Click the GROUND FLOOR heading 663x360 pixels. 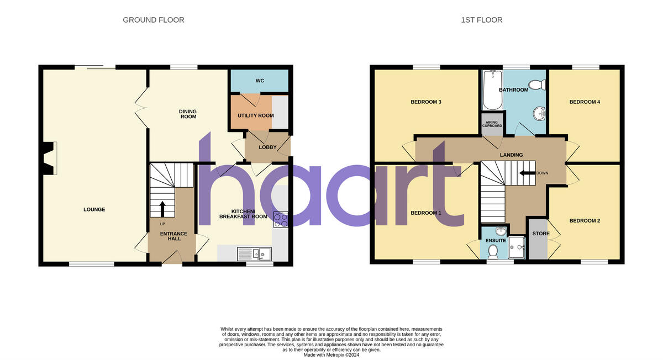point(154,20)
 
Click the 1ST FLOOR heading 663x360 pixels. point(482,20)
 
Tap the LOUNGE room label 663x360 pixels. point(94,209)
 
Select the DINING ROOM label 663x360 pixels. point(188,114)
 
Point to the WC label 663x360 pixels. point(260,81)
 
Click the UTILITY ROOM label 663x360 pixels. point(256,115)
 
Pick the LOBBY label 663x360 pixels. point(267,147)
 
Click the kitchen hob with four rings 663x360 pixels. point(281,220)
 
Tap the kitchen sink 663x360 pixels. point(252,253)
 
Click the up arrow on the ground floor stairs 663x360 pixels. point(162,209)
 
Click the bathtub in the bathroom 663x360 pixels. point(490,91)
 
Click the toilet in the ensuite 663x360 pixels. point(493,252)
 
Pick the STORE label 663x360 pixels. point(541,234)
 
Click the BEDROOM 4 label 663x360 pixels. point(585,102)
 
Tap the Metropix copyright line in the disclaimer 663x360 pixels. point(331,354)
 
